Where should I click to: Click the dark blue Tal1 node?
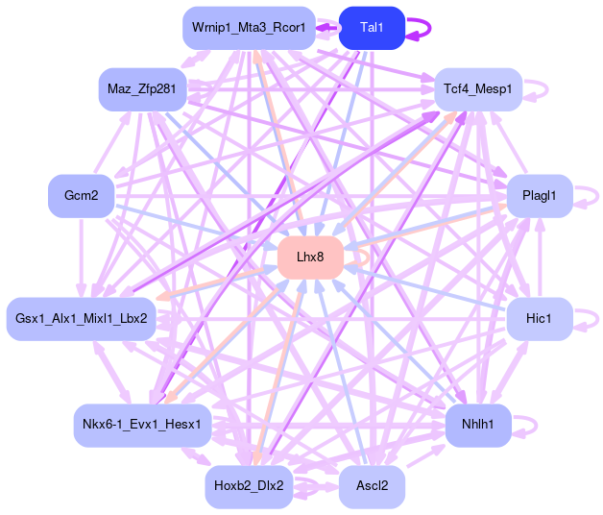[372, 28]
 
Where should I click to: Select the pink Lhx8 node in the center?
[310, 257]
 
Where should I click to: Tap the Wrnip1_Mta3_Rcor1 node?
[249, 28]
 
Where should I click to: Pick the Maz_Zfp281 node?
[141, 89]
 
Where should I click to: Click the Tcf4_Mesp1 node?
[478, 89]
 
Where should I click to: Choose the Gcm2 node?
[82, 196]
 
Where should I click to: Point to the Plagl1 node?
[540, 196]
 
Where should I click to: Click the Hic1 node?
[540, 318]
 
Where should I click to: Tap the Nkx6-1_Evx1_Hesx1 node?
[141, 425]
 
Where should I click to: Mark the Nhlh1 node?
[478, 425]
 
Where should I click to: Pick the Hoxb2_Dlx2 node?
[249, 486]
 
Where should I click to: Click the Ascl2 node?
[372, 486]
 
